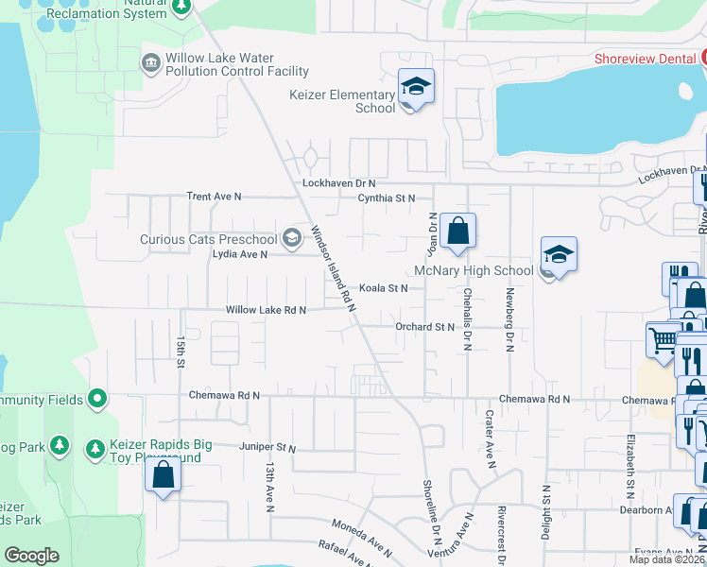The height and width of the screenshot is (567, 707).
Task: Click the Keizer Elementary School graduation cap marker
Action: click(x=416, y=88)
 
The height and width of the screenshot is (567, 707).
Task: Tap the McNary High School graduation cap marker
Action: click(x=559, y=254)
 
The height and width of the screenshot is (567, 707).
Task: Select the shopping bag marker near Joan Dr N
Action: click(x=457, y=232)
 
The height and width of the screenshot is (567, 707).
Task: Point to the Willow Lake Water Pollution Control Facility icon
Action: click(x=150, y=63)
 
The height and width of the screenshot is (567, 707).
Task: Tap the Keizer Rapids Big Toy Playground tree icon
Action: click(x=95, y=449)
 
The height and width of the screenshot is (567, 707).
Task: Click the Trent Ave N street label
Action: click(x=214, y=197)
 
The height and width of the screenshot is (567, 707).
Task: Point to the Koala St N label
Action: click(x=383, y=288)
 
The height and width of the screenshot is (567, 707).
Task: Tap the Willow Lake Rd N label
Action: click(x=266, y=310)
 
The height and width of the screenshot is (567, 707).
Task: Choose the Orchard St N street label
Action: click(x=424, y=327)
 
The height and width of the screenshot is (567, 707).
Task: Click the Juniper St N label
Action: click(x=268, y=448)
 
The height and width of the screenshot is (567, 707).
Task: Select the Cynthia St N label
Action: click(x=386, y=198)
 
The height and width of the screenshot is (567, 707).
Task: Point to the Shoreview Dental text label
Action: click(x=645, y=59)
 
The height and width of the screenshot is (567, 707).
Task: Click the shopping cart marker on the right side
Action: click(x=664, y=338)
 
